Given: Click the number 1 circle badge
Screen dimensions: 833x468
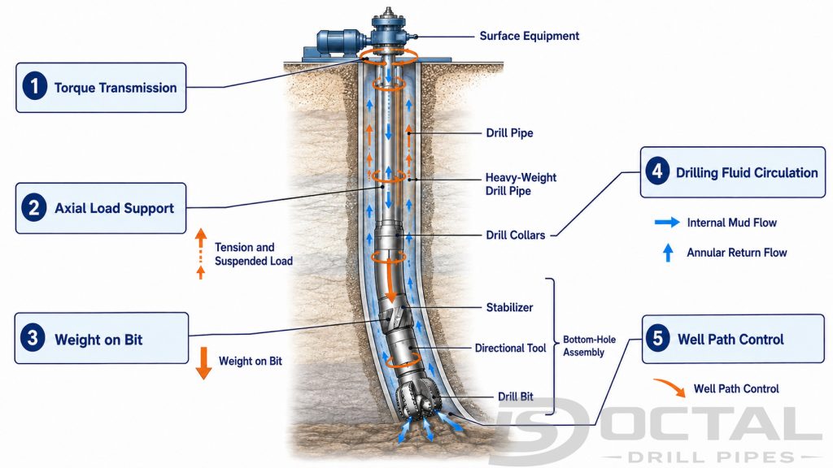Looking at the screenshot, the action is click(x=34, y=86).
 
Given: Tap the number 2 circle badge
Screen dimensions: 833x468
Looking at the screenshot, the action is click(x=34, y=207).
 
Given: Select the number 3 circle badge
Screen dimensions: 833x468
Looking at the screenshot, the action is click(x=33, y=337).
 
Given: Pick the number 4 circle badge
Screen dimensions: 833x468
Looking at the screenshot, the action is click(x=657, y=171).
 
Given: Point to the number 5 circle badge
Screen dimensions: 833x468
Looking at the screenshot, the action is click(x=657, y=338).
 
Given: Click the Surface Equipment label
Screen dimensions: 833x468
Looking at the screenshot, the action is click(x=529, y=36).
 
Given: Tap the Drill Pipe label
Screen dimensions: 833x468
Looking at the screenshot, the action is click(x=509, y=132).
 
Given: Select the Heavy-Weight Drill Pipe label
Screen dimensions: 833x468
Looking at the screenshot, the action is click(x=521, y=184).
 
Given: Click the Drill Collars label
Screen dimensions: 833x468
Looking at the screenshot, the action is click(x=515, y=235).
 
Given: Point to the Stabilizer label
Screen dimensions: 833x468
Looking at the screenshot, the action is click(x=509, y=307).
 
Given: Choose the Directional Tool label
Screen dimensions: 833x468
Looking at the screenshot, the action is click(x=510, y=348).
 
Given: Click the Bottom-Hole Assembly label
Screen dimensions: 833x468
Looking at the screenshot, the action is click(x=589, y=346).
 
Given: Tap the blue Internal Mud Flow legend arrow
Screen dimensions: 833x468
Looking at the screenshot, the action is click(x=667, y=223).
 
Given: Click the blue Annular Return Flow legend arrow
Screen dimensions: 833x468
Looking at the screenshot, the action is click(x=668, y=253).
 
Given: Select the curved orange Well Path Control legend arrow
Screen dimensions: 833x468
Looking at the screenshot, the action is click(x=670, y=386).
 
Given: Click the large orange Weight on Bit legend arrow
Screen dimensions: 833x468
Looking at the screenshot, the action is click(x=203, y=363).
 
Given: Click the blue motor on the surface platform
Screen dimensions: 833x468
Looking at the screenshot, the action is click(x=340, y=42).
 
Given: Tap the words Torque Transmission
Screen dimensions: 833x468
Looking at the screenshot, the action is click(x=116, y=88).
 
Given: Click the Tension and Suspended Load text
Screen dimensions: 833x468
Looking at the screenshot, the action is click(x=254, y=254).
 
